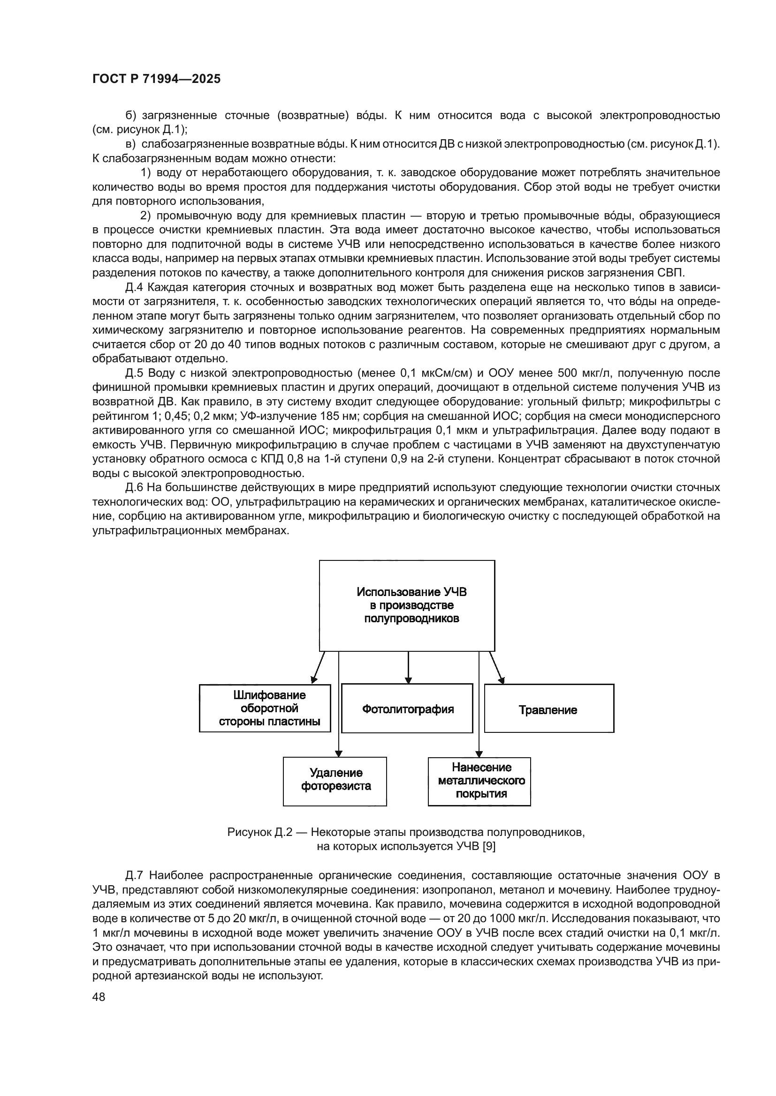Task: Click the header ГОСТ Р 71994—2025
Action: pos(156,79)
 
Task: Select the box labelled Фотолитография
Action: pos(407,709)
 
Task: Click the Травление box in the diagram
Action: pos(548,710)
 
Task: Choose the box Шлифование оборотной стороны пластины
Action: pos(265,708)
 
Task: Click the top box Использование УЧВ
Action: pos(407,605)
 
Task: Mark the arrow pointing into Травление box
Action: pos(497,668)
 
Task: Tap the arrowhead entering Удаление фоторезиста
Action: pos(339,753)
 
